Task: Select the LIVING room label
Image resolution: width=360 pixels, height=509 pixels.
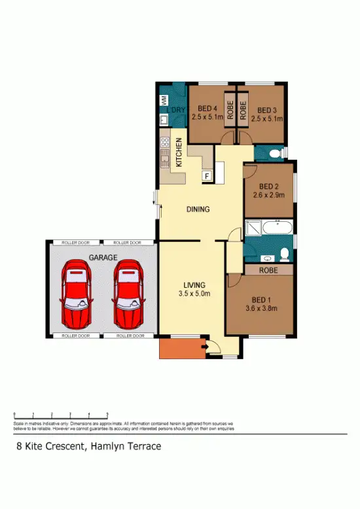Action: tap(194, 285)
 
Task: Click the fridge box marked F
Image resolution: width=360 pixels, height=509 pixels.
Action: tap(207, 175)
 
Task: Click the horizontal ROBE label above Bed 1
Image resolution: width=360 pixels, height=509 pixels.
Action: tap(267, 269)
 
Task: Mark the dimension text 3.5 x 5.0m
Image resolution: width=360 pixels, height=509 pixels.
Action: tap(194, 294)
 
